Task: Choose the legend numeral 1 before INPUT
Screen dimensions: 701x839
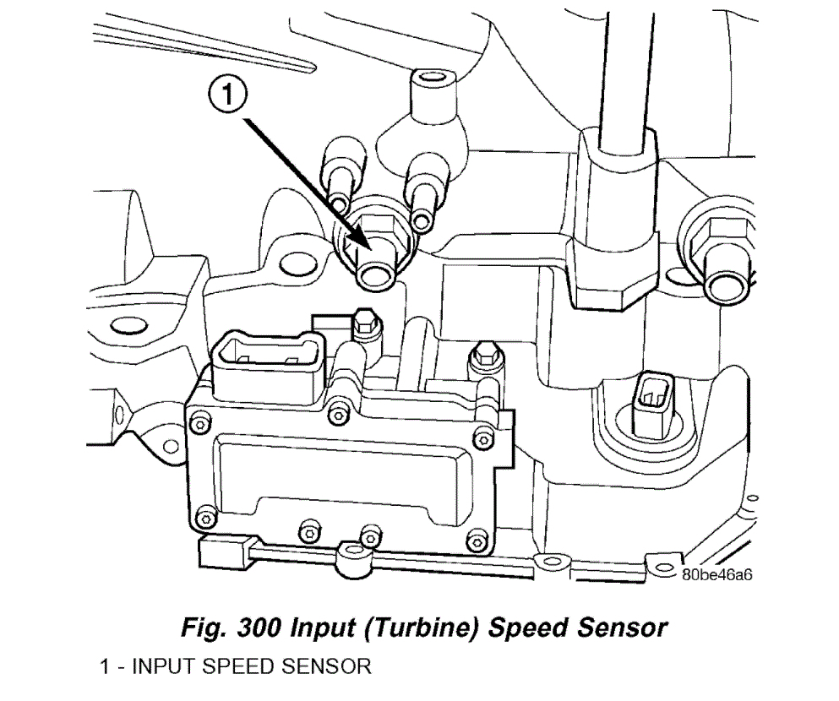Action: tap(105, 666)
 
